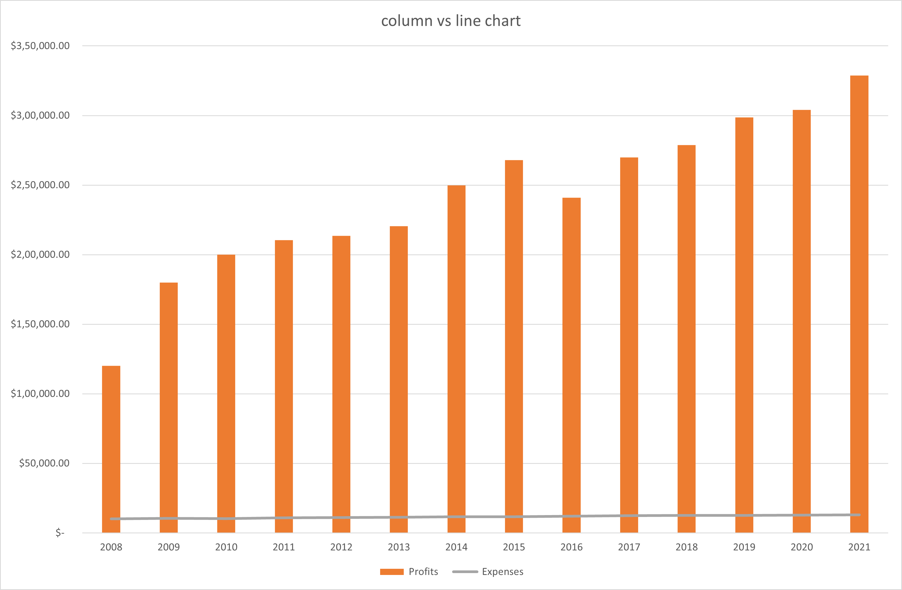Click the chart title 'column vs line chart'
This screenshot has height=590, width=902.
pyautogui.click(x=451, y=21)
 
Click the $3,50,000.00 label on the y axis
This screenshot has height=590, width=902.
pyautogui.click(x=40, y=46)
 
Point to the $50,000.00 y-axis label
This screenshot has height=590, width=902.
pyautogui.click(x=44, y=463)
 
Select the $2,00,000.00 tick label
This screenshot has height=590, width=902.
pyautogui.click(x=40, y=254)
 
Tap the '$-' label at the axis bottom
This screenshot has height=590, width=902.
pyautogui.click(x=60, y=533)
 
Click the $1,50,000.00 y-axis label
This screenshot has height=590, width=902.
pyautogui.click(x=40, y=324)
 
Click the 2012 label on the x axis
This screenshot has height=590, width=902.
pyautogui.click(x=341, y=547)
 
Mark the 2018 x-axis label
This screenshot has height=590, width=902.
pyautogui.click(x=686, y=547)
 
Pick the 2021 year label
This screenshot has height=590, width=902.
pyautogui.click(x=859, y=547)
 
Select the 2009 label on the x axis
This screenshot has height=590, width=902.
pyautogui.click(x=169, y=547)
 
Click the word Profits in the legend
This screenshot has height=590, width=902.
pyautogui.click(x=423, y=571)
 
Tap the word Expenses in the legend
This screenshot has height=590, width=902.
pyautogui.click(x=503, y=571)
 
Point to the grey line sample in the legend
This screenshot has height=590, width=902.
pyautogui.click(x=465, y=572)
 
